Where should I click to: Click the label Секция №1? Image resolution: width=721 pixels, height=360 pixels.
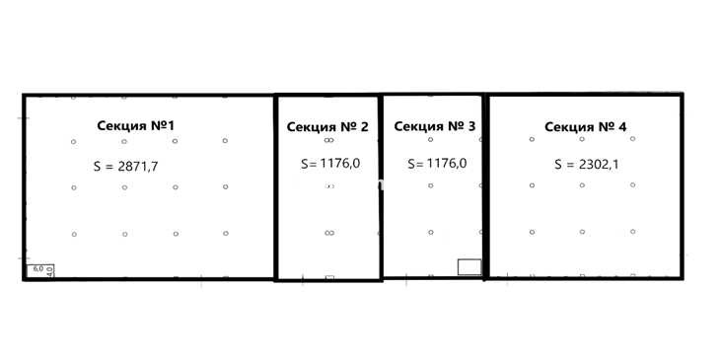[x=136, y=125]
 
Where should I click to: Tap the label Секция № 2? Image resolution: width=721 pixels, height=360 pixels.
[x=327, y=127]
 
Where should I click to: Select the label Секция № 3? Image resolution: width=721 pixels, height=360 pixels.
[x=435, y=126]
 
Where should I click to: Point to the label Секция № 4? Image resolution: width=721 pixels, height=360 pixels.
[x=585, y=127]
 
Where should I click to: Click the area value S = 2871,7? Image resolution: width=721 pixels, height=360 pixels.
[x=125, y=166]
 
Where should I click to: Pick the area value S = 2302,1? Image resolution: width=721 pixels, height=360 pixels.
[x=586, y=164]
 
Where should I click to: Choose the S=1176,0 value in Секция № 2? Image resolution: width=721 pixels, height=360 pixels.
[x=330, y=164]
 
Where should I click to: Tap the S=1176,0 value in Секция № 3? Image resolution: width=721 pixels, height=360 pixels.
[x=437, y=163]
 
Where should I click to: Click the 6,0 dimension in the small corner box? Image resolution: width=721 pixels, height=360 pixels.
[x=38, y=268]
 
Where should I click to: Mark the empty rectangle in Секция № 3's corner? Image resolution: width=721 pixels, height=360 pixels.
[x=469, y=267]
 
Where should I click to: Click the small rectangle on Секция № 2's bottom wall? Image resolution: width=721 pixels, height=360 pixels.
[x=329, y=278]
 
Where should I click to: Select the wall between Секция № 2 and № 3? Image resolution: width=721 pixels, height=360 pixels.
[x=381, y=187]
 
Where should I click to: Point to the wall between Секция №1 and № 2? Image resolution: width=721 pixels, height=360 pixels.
[x=276, y=187]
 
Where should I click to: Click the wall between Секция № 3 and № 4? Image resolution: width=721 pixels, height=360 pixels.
[x=485, y=186]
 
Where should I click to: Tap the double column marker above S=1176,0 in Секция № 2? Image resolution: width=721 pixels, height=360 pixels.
[x=328, y=140]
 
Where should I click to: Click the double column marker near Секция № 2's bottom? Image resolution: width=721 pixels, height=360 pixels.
[x=329, y=233]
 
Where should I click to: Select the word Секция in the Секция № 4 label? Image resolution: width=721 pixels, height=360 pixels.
[x=569, y=127]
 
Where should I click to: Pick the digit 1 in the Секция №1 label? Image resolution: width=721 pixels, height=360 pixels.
[x=171, y=125]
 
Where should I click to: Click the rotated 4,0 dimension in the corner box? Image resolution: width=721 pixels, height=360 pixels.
[x=49, y=271]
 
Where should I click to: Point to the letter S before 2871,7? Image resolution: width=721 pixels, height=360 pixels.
[x=97, y=166]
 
